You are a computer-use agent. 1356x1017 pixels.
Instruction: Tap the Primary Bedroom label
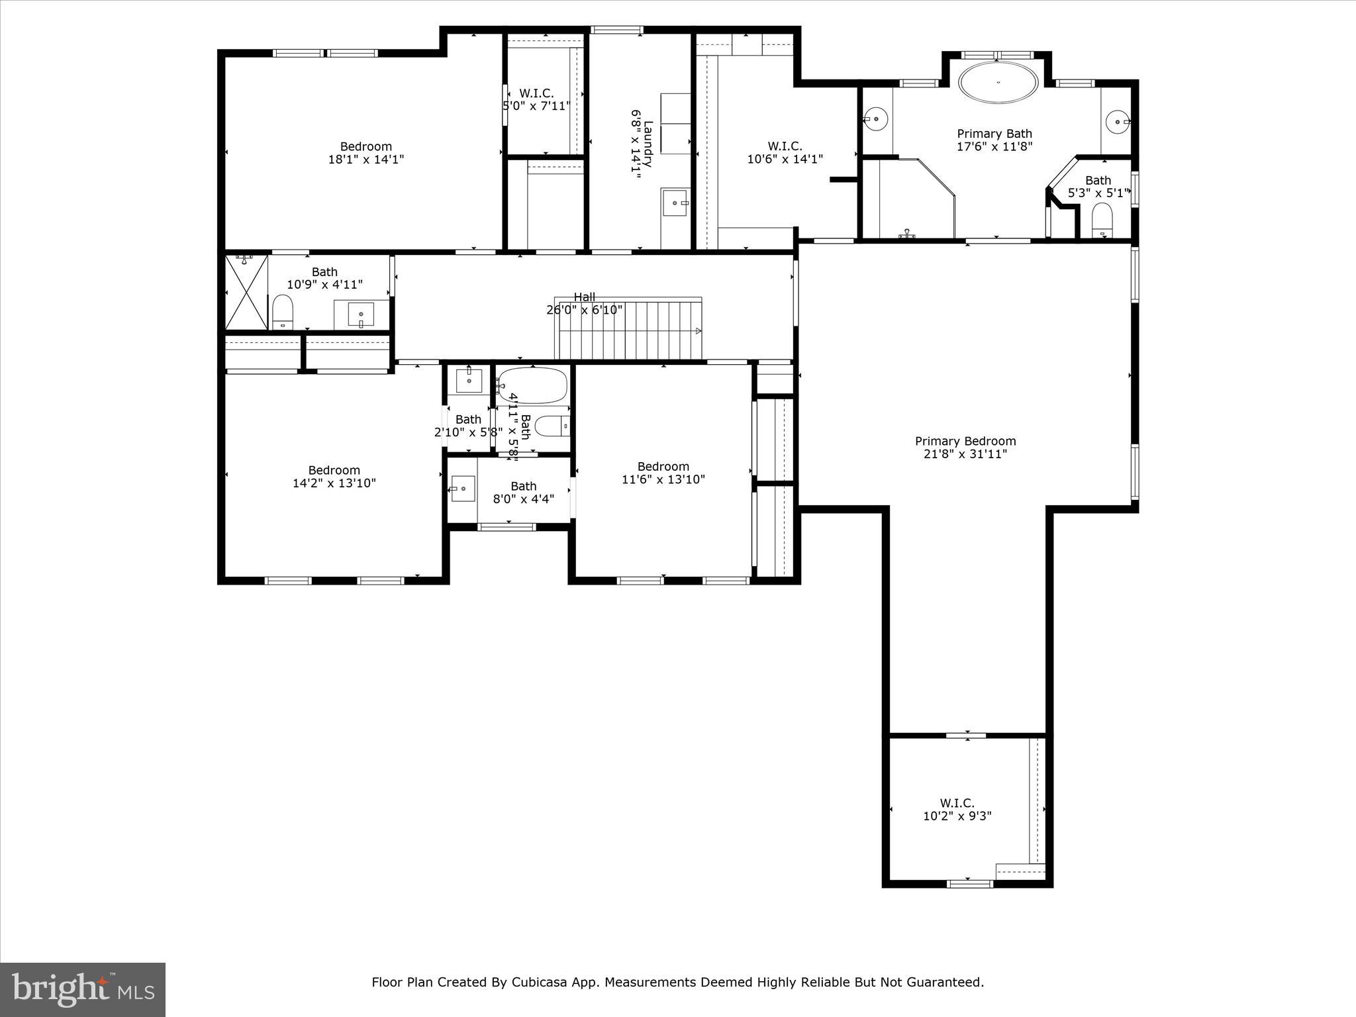click(965, 441)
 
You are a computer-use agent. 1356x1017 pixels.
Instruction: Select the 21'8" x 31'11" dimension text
click(965, 454)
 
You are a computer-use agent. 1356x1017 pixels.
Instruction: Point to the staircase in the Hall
click(629, 329)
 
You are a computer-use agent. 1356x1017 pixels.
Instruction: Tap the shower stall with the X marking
click(247, 292)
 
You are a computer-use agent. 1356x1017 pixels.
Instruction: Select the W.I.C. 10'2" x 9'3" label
click(957, 810)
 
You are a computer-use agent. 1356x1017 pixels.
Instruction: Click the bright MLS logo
click(83, 989)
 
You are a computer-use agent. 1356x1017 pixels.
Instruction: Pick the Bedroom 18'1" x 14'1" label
click(366, 153)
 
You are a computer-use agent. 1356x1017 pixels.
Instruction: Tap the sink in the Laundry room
click(675, 201)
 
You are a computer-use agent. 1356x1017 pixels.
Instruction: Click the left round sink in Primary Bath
click(876, 120)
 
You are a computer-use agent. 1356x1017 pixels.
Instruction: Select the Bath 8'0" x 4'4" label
click(523, 493)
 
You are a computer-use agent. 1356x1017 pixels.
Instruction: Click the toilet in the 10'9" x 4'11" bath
click(283, 312)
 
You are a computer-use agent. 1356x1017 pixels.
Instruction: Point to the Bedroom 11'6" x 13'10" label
click(663, 473)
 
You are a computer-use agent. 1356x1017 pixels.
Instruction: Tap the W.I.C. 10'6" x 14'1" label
click(785, 152)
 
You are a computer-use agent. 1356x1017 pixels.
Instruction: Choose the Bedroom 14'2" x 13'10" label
click(334, 477)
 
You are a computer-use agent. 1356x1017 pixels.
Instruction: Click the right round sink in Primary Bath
click(1119, 121)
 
